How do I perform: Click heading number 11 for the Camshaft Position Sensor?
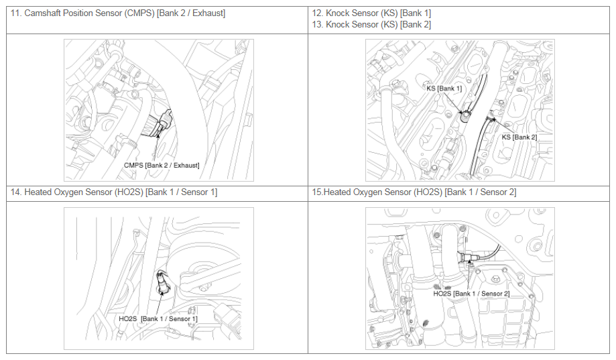click(15, 13)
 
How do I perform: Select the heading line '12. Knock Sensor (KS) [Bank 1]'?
click(371, 13)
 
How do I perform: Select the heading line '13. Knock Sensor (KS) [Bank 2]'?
click(371, 25)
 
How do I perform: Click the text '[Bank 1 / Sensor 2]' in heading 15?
click(481, 192)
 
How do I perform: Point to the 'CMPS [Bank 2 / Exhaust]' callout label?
click(162, 166)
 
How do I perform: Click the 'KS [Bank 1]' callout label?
click(444, 88)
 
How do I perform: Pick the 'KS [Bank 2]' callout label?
click(519, 137)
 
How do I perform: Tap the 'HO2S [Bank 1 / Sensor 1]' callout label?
click(158, 318)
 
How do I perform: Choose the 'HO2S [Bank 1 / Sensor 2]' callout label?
click(471, 294)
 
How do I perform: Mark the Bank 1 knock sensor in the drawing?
click(466, 115)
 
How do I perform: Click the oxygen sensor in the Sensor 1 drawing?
click(162, 282)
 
